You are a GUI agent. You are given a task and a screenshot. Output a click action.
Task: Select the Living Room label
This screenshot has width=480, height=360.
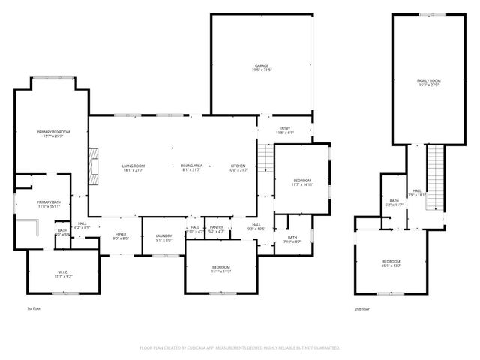pyautogui.click(x=133, y=167)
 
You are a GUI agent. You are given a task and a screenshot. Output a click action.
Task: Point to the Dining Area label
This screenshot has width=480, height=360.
pyautogui.click(x=191, y=167)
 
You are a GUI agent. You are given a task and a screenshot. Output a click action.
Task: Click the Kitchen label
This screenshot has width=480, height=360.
pyautogui.click(x=238, y=167)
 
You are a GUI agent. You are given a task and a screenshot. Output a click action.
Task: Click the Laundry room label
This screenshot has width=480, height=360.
pyautogui.click(x=164, y=237)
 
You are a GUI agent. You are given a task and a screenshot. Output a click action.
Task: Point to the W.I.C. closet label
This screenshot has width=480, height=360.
pyautogui.click(x=63, y=274)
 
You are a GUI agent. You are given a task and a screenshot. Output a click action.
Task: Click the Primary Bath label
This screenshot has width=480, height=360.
pyautogui.click(x=48, y=204)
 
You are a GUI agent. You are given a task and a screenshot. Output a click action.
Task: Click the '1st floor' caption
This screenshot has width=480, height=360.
pyautogui.click(x=34, y=308)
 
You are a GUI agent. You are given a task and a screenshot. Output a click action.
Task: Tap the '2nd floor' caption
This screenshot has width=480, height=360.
pyautogui.click(x=362, y=308)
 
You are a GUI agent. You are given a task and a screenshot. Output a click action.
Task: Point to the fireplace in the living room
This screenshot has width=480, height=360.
pyautogui.click(x=92, y=166)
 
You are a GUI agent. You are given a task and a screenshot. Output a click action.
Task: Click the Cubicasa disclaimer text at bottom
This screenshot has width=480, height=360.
pyautogui.click(x=240, y=348)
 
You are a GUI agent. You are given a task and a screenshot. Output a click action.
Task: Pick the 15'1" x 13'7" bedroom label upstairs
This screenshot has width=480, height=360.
pyautogui.click(x=391, y=263)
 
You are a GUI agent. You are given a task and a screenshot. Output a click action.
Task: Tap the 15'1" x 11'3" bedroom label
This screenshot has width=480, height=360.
pyautogui.click(x=220, y=269)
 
